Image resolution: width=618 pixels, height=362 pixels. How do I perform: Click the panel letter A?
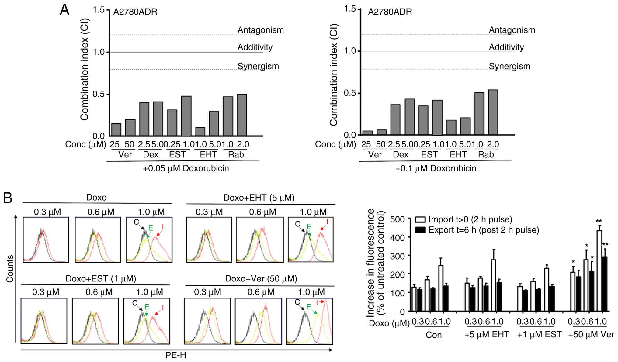pyautogui.click(x=64, y=10)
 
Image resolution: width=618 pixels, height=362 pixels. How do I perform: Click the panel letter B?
pyautogui.click(x=8, y=198)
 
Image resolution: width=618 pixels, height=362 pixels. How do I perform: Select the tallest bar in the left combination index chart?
pyautogui.click(x=242, y=115)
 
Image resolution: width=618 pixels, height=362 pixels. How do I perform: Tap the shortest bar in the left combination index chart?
pyautogui.click(x=200, y=131)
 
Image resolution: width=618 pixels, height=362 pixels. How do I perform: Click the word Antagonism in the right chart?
pyautogui.click(x=512, y=30)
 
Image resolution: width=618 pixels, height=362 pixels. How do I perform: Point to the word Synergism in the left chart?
pyautogui.click(x=258, y=66)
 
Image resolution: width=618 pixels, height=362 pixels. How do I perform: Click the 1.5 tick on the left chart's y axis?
pyautogui.click(x=99, y=10)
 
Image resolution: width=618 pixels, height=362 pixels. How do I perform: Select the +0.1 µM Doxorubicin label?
pyautogui.click(x=436, y=168)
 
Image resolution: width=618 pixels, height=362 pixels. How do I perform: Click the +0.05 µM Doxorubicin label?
pyautogui.click(x=186, y=168)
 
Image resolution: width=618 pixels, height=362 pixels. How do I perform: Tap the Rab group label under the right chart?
pyautogui.click(x=486, y=155)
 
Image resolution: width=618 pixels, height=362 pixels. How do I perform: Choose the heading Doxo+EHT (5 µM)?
pyautogui.click(x=259, y=198)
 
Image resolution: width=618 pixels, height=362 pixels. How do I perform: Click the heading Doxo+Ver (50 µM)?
pyautogui.click(x=261, y=279)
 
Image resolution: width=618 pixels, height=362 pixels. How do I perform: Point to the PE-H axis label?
pyautogui.click(x=175, y=355)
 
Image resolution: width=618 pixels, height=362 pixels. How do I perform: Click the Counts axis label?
pyautogui.click(x=10, y=269)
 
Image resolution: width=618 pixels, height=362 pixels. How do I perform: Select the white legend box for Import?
pyautogui.click(x=421, y=219)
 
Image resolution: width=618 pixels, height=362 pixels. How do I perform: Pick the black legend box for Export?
pyautogui.click(x=421, y=230)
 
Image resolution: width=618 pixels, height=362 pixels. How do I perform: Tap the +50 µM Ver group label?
pyautogui.click(x=591, y=335)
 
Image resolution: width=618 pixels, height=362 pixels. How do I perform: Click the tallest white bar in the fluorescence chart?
pyautogui.click(x=599, y=271)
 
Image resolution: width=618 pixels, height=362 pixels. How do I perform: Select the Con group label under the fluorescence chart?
pyautogui.click(x=433, y=335)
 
